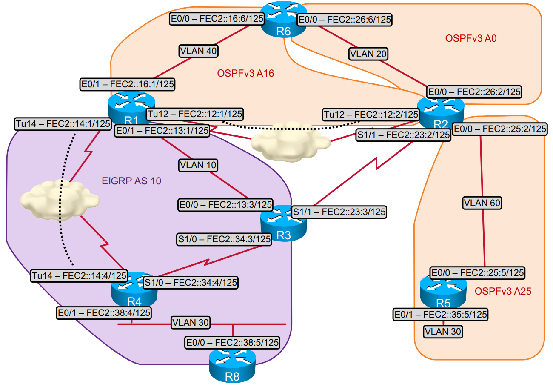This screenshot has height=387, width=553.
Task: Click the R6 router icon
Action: (280, 19)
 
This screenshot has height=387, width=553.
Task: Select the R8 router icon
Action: (232, 365)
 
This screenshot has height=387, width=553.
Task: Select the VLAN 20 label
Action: (368, 54)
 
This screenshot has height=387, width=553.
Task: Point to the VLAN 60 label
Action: (482, 203)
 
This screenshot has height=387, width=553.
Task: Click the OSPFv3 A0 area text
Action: (471, 39)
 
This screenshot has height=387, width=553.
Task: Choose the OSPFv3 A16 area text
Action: (245, 73)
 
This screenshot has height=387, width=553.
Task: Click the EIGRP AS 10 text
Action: (131, 181)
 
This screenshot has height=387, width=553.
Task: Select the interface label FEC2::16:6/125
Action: (217, 18)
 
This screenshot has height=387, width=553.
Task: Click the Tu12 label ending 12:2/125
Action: (371, 114)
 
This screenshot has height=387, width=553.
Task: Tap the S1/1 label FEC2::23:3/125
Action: (339, 212)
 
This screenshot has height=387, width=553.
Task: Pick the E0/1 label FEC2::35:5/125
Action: (440, 315)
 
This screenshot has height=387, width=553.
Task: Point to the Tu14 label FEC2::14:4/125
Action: (79, 275)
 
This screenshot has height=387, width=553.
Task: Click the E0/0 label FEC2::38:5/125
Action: (232, 342)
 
